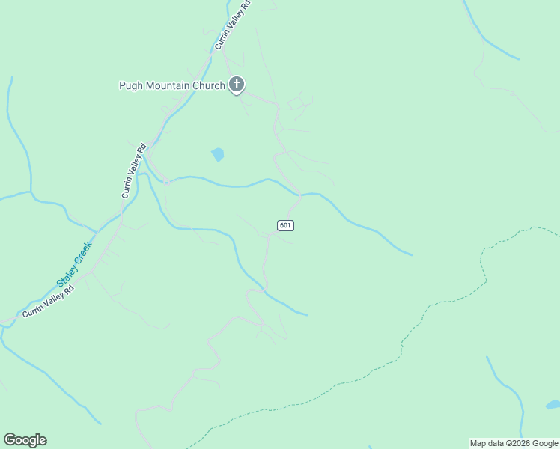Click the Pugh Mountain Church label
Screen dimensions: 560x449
point(172,85)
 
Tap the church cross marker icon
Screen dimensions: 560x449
point(237,85)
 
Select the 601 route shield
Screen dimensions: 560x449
point(285,225)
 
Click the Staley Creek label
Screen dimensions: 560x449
point(74,263)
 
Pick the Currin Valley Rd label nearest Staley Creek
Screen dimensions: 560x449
point(49,302)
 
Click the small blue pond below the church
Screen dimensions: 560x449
point(217,155)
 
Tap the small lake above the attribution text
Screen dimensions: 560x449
point(553,406)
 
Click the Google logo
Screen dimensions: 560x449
point(25,440)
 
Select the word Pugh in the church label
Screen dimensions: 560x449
point(132,85)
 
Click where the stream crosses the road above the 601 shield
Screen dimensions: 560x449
point(299,195)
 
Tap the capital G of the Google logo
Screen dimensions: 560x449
point(10,440)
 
